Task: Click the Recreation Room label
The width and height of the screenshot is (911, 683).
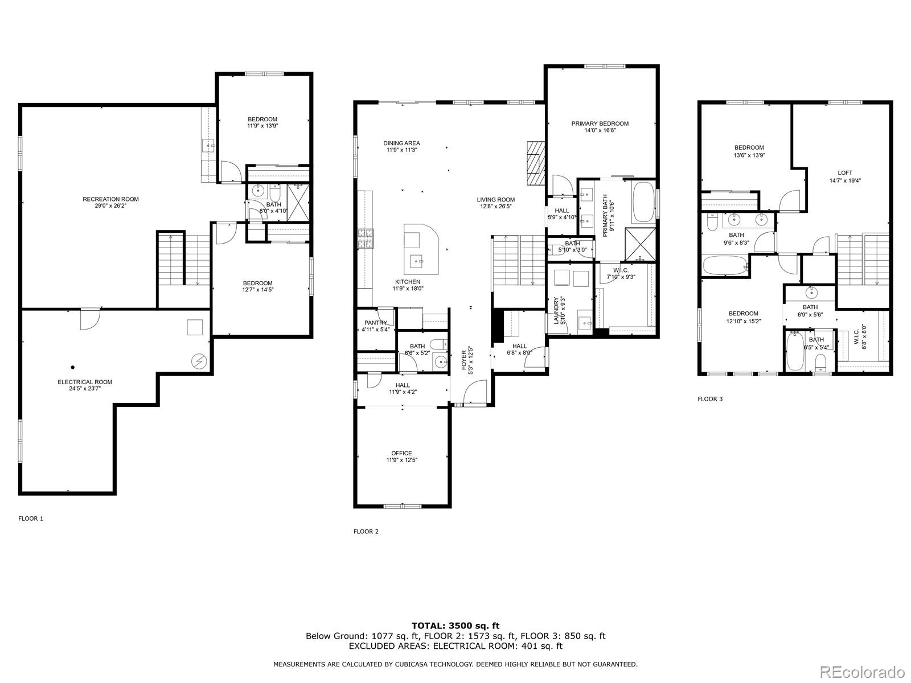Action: [x=110, y=199]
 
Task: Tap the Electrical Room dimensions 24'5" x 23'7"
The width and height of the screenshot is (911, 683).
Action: [x=85, y=389]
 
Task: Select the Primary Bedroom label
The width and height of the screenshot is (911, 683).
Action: [x=600, y=124]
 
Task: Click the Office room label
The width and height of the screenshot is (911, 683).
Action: [x=401, y=454]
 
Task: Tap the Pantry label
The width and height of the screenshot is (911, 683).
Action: [x=376, y=323]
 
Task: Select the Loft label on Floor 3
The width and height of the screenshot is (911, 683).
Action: [x=845, y=173]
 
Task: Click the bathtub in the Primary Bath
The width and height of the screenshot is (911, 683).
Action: [x=643, y=201]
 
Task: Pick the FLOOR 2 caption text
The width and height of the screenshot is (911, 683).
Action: [x=366, y=532]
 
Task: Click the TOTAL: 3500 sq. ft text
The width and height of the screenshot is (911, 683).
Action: [x=455, y=626]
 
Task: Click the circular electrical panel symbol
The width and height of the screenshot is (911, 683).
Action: [x=199, y=360]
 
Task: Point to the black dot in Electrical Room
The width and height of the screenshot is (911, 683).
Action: [x=73, y=367]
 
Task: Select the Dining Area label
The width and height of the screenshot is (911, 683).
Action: [x=401, y=143]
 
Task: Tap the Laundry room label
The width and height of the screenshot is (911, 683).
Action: [x=556, y=310]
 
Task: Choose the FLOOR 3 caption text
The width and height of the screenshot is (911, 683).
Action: [x=710, y=399]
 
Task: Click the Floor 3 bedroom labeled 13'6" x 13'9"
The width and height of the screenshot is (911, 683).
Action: [x=749, y=148]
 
